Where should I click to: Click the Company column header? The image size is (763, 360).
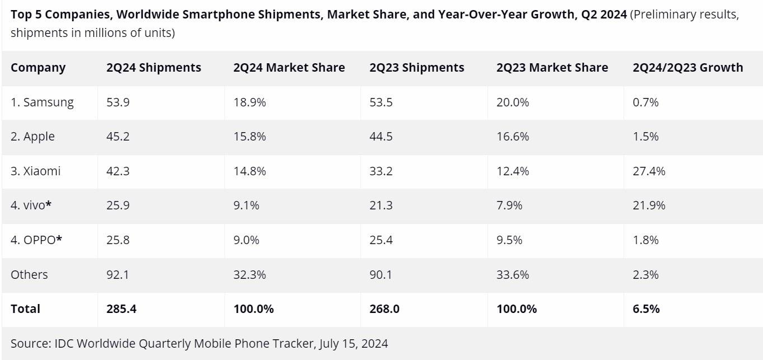38,68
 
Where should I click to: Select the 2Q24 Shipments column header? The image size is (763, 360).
153,68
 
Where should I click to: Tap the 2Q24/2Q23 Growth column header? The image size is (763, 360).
687,68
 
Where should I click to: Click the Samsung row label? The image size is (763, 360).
42,102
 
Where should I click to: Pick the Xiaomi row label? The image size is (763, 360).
35,171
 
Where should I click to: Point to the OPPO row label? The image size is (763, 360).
36,240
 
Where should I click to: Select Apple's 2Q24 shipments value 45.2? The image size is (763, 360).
118,137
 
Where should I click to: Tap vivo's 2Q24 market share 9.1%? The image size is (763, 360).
246,205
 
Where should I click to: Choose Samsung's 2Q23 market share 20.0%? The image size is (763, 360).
512,102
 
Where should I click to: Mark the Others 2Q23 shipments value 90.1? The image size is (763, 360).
381,274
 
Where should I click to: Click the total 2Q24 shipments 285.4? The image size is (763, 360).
121,308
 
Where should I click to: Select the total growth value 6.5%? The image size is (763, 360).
646,308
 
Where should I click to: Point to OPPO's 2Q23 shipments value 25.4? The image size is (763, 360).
381,240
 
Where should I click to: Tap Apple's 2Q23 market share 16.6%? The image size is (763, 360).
512,137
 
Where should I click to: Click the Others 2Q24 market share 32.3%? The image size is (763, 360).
250,274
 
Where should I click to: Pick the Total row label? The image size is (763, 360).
25,308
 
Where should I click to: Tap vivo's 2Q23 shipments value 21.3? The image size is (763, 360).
381,205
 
